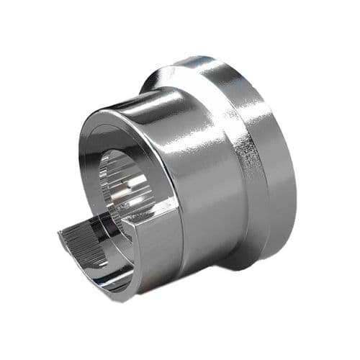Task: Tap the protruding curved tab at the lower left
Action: tap(94, 245)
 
